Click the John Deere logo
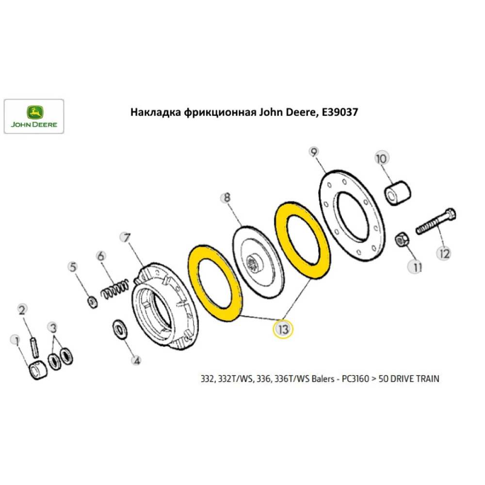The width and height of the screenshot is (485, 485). [x=34, y=116]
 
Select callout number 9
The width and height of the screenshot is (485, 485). [x=314, y=153]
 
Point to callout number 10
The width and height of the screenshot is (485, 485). [x=381, y=159]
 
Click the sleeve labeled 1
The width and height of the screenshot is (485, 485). [x=38, y=372]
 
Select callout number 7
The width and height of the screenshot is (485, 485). [x=125, y=238]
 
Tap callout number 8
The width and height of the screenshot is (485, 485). [x=226, y=198]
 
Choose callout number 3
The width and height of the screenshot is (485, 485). [x=53, y=328]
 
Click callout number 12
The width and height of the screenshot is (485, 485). [x=444, y=253]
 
